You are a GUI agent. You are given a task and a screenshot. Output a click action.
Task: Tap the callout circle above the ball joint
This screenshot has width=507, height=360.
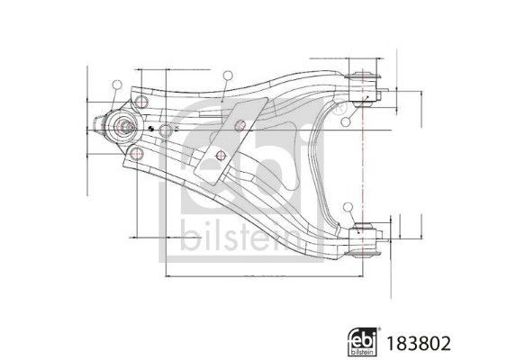pyautogui.click(x=116, y=85)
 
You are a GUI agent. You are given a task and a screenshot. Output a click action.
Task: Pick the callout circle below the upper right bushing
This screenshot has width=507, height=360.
pyautogui.click(x=344, y=120)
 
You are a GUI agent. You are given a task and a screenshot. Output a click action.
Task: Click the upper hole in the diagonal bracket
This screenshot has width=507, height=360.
pyautogui.click(x=239, y=124)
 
